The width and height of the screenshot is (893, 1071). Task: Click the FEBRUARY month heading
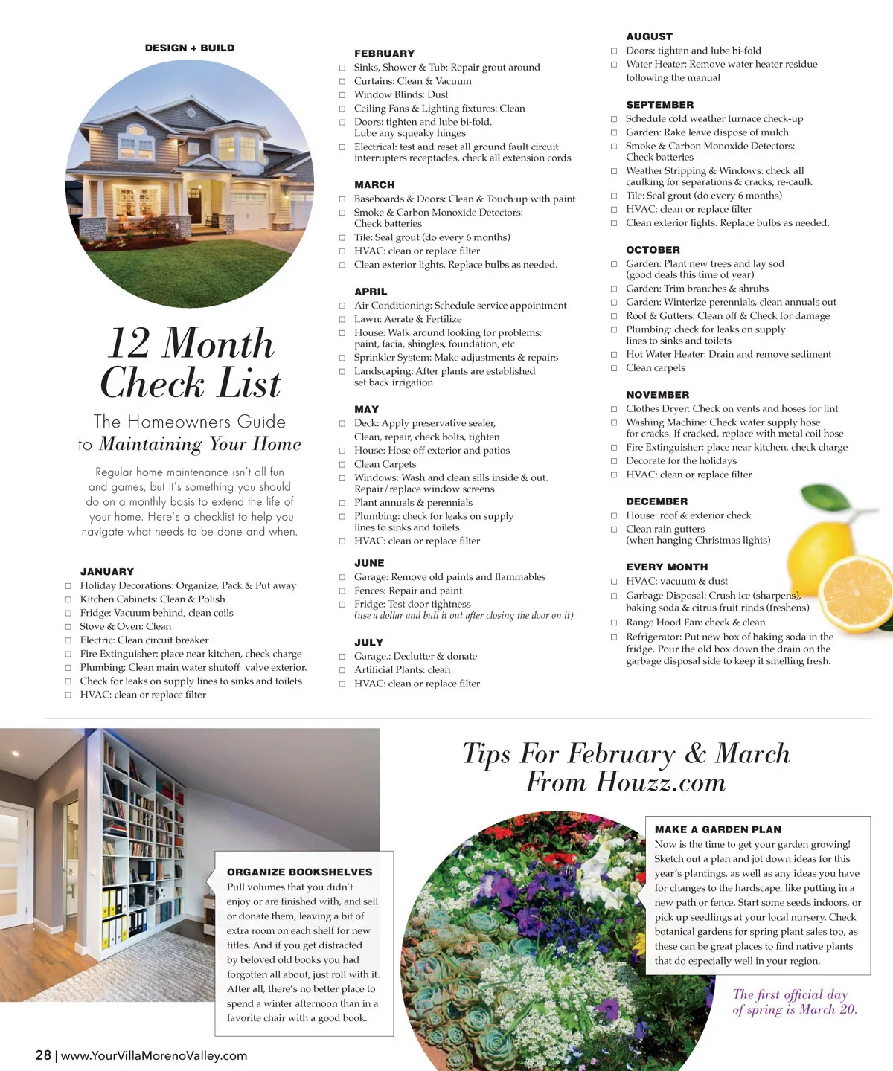[x=384, y=54]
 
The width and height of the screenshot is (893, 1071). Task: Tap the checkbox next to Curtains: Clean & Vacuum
[x=342, y=81]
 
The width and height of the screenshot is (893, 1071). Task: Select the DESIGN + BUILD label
[x=190, y=48]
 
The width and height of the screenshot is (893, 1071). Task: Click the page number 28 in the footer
[x=43, y=1055]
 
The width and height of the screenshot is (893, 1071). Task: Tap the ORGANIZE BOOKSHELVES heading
[x=299, y=872]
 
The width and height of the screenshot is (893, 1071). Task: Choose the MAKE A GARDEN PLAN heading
[x=718, y=829]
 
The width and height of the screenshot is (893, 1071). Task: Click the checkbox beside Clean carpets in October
[x=614, y=368]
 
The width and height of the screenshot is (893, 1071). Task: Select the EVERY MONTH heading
[x=667, y=567]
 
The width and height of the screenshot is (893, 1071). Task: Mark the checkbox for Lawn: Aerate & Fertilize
[x=342, y=320]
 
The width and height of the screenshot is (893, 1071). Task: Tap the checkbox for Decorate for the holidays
[x=614, y=461]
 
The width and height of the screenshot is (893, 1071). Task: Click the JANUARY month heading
[x=107, y=572]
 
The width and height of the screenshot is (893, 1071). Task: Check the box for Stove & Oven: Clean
[x=68, y=627]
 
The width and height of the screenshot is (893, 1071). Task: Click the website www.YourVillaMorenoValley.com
[x=154, y=1055]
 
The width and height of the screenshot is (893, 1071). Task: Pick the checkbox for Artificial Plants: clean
[x=342, y=670]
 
